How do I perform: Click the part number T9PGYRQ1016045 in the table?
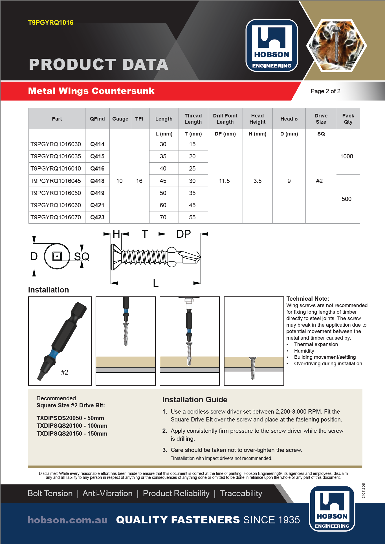tap(56, 181)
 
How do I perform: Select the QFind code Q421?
tap(97, 205)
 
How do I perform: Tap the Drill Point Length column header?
tap(225, 119)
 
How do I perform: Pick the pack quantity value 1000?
tap(347, 156)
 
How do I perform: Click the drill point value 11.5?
tap(225, 181)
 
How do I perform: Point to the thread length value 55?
tap(192, 217)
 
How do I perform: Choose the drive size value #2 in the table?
tap(319, 181)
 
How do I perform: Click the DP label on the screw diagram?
tap(184, 234)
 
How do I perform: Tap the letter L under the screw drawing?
tap(156, 283)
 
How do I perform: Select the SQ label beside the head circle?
tap(82, 257)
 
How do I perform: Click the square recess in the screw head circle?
tap(57, 256)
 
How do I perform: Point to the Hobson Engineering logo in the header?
tap(272, 45)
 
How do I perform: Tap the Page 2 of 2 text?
tap(325, 91)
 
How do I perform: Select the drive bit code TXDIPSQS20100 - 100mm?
tap(72, 426)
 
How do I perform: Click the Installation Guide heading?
tap(195, 399)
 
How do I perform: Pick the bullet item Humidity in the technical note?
tap(304, 351)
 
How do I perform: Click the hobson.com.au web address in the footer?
tap(68, 520)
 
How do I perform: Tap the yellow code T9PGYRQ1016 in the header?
tap(51, 23)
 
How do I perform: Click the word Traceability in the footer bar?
tap(241, 493)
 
